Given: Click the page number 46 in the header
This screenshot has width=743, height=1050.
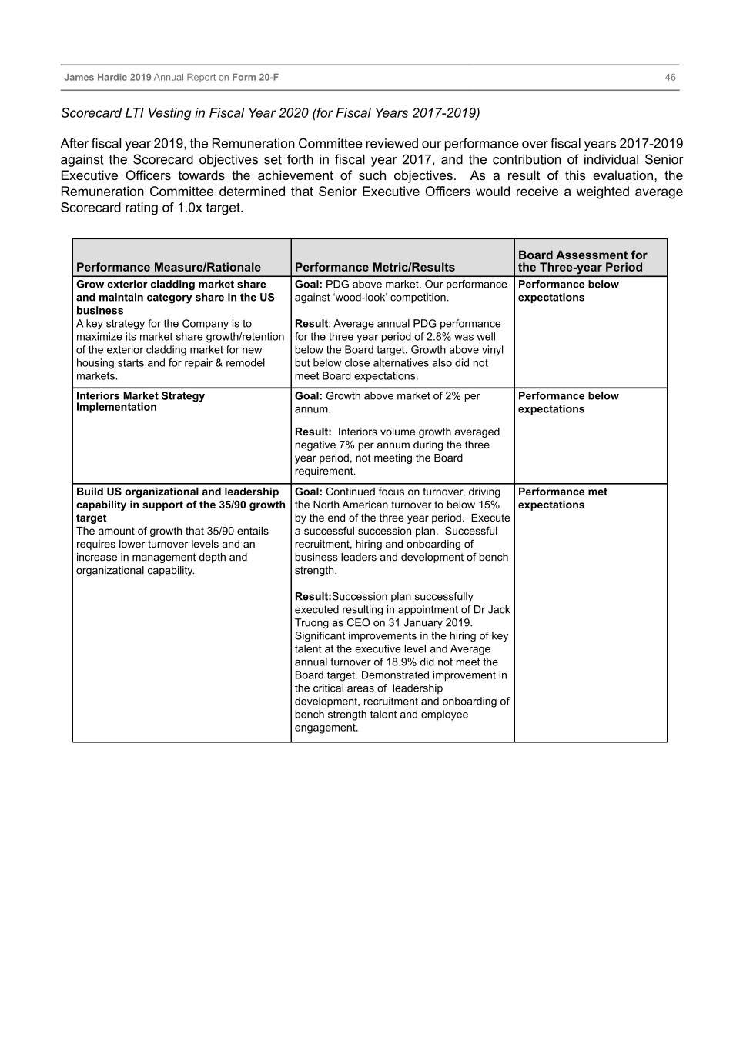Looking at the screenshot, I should point(670,78).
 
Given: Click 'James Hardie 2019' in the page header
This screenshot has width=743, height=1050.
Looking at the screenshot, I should point(108,78).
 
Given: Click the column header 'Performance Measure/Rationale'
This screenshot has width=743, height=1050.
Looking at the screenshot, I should point(169,268).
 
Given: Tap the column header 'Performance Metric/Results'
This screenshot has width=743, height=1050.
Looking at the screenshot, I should point(374,268).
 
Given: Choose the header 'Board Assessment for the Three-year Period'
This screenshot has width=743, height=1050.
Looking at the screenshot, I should point(582,262).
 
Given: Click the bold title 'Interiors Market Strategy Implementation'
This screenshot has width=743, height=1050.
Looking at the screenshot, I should point(140,402).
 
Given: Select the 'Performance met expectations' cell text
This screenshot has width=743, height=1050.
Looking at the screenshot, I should point(562,498).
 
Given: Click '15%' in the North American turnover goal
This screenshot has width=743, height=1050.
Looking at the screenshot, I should point(487,505).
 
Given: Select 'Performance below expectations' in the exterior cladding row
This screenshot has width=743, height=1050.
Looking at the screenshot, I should point(568,291).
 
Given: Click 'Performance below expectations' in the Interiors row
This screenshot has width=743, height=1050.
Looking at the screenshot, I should point(568,402).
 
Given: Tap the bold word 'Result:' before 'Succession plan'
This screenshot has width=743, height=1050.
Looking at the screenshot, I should point(313,597).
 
